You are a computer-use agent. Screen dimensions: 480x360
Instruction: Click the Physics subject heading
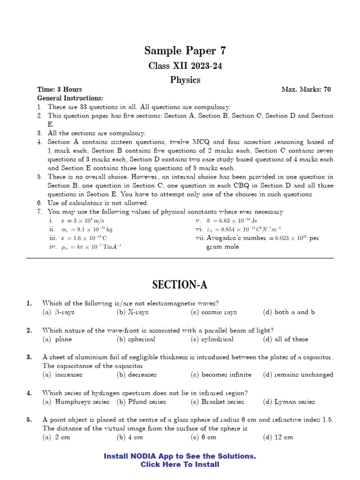185,80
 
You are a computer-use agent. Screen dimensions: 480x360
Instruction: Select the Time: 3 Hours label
60,89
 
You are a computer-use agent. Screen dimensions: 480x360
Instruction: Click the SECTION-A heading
180,285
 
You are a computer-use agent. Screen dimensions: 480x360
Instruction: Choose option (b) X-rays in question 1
133,312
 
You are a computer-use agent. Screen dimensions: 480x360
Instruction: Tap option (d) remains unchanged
298,375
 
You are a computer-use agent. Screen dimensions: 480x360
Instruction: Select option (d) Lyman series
289,402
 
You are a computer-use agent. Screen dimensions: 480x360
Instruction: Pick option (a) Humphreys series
76,402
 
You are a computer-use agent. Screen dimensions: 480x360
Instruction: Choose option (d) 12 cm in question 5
278,437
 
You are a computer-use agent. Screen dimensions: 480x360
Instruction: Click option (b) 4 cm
130,437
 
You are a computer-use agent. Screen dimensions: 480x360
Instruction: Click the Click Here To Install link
180,465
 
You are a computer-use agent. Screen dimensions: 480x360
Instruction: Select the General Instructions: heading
70,98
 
